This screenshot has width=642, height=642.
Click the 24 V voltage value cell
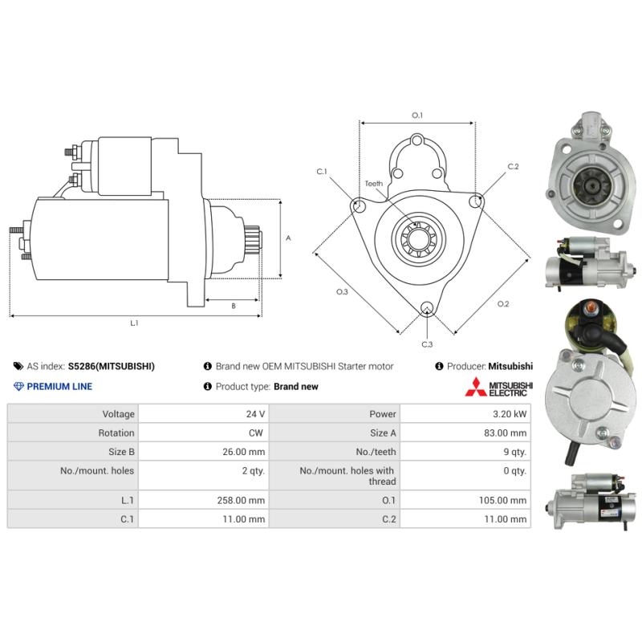255,414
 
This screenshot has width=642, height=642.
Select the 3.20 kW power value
510,414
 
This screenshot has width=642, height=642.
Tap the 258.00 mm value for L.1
241,500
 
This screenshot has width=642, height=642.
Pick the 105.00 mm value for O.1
502,500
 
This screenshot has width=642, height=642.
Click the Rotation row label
116,433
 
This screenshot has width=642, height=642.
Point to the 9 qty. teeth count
514,452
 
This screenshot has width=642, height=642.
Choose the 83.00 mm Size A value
506,433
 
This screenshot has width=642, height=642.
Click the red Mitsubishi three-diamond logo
475,388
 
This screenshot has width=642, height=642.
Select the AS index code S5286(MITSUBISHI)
112,366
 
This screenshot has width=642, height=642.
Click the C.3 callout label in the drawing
427,344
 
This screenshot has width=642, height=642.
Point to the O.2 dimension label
503,304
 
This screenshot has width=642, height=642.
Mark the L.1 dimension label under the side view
134,323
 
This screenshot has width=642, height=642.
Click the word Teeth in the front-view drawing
374,184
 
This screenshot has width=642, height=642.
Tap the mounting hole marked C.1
359,205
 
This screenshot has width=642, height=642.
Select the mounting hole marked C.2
476,201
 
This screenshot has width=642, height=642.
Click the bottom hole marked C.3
427,308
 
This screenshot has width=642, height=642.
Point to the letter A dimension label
288,238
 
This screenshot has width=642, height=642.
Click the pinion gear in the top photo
592,185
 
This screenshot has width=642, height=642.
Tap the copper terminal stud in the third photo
588,308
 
